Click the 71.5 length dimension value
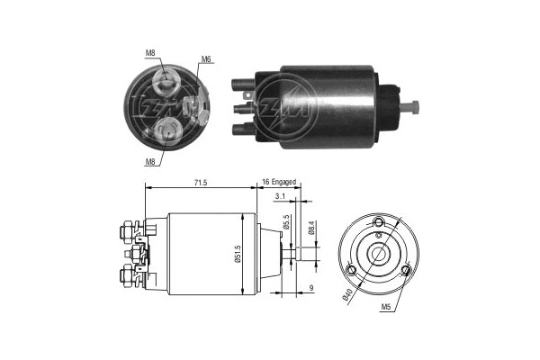pos(200,183)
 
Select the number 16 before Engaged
pos(266,183)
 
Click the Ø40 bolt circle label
pos(347,295)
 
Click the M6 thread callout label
pos(207,59)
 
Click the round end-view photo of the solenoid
pos(170,106)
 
